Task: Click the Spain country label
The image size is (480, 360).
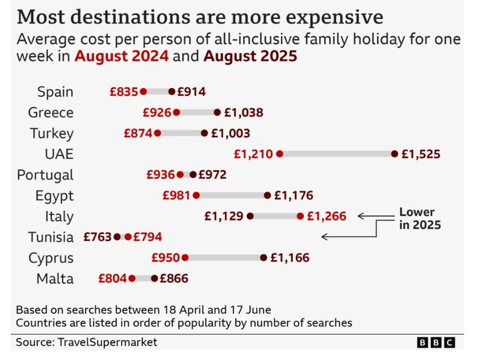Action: click(55, 92)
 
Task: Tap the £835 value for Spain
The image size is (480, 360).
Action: click(124, 92)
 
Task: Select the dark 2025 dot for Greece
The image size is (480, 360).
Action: click(217, 112)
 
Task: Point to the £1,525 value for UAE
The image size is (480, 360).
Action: click(421, 154)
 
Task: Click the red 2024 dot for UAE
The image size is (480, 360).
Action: click(280, 154)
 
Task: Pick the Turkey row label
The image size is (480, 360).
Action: click(52, 134)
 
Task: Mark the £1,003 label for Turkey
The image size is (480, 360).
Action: click(230, 133)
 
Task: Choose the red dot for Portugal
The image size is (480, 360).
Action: click(180, 175)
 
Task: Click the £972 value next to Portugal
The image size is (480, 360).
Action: click(212, 175)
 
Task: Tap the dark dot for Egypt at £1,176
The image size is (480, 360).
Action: click(268, 196)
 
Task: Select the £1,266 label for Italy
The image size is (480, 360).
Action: click(326, 216)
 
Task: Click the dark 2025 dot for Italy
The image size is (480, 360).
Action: click(250, 216)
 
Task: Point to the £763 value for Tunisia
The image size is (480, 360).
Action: click(98, 237)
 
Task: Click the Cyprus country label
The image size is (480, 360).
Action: click(51, 258)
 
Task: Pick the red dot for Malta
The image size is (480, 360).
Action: click(132, 279)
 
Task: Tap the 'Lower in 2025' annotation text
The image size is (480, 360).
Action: click(420, 218)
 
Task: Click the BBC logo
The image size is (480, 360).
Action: click(436, 342)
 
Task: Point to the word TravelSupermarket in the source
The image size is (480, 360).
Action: click(108, 342)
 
